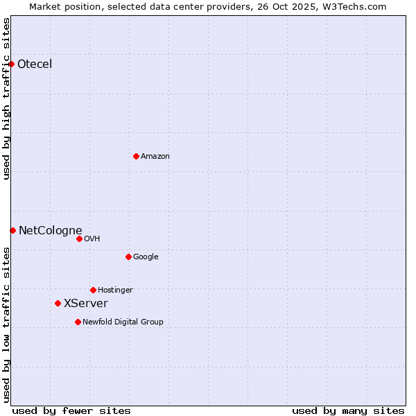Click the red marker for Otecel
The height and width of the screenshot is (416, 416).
12,64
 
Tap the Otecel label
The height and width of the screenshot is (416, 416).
35,64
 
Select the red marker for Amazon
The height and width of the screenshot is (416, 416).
136,156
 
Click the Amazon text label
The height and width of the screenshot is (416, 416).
155,157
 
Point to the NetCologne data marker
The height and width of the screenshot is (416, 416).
12,230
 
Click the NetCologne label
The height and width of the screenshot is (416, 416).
50,231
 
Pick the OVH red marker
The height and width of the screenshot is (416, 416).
79,239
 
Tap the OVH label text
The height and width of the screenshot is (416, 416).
92,239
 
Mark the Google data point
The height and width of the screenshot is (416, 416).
128,257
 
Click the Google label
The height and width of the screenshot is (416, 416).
146,257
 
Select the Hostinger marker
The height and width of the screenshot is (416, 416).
93,290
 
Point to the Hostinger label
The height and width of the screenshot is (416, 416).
115,291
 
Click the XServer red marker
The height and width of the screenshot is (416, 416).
58,303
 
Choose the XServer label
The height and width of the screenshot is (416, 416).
86,304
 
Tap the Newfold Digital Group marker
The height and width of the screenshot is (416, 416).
78,322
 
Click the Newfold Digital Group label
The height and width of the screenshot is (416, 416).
123,322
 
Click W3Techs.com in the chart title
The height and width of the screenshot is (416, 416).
352,6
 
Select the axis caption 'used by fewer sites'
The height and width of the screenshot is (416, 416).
71,411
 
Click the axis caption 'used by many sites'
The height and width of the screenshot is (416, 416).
348,411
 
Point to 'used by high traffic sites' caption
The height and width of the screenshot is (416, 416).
6,98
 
